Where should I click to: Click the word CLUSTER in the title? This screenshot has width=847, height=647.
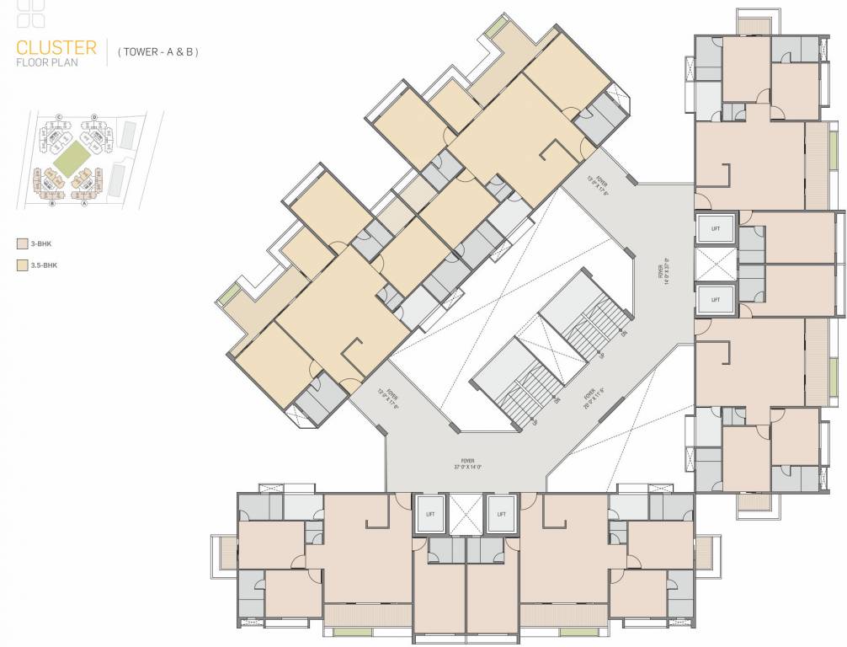point(56,47)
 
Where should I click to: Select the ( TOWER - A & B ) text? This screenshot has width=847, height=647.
point(158,52)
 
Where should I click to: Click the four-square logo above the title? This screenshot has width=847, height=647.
point(31,14)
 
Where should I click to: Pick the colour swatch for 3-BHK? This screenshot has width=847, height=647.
point(22,244)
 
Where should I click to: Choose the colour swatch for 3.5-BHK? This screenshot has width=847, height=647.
point(22,265)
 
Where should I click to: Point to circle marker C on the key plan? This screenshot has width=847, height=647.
point(59,116)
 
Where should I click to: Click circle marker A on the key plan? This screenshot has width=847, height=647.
point(84,203)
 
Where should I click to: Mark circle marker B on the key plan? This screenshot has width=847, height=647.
point(52,203)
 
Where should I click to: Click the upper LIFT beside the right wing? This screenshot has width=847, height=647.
point(715,228)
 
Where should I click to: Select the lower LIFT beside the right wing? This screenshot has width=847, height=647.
point(715,299)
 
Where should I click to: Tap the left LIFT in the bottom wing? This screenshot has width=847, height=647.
point(430,513)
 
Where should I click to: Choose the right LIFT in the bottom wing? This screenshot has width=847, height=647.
point(501,513)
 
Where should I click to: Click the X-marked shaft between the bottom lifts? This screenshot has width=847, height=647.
point(466,513)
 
